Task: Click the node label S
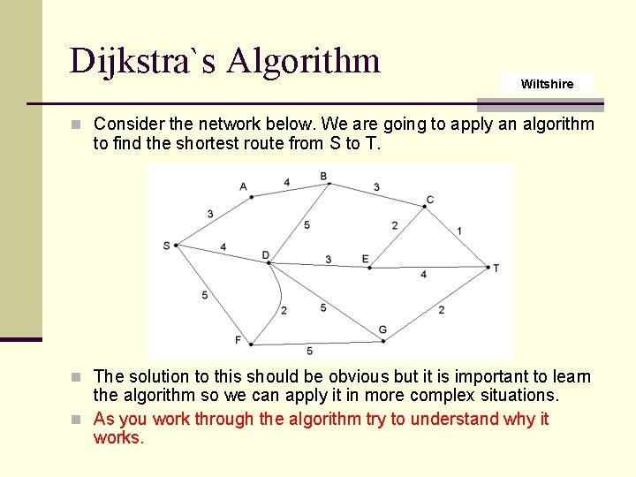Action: (x=166, y=246)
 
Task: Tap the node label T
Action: (x=496, y=268)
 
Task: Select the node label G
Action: (x=382, y=329)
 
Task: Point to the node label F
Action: (x=238, y=340)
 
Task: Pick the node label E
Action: (x=365, y=259)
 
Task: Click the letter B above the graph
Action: (x=323, y=177)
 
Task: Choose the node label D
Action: (x=265, y=255)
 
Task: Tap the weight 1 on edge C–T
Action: (x=459, y=231)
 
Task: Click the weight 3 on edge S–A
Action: (x=210, y=214)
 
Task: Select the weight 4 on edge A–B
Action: (x=287, y=183)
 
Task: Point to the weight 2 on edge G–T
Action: (x=441, y=309)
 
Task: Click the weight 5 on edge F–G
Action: (x=309, y=352)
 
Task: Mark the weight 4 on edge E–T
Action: (x=423, y=275)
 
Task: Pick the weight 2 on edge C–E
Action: (x=395, y=225)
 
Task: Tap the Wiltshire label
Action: (x=547, y=84)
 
